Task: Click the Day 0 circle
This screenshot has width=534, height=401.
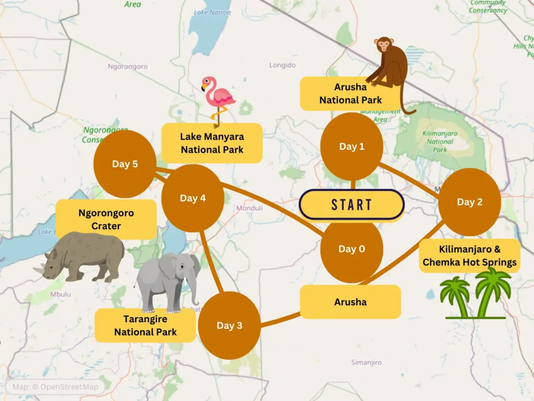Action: pos(351,249)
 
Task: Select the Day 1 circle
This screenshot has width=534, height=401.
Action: pos(351,147)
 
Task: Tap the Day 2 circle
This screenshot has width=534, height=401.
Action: pos(469,202)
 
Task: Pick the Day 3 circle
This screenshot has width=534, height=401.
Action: pos(229,325)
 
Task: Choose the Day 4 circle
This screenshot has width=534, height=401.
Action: pos(192,198)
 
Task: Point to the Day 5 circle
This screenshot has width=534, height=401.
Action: pos(125,164)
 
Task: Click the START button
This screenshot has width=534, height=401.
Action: pos(351,204)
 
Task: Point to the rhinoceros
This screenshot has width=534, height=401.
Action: pos(83,256)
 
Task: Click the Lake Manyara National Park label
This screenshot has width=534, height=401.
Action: pos(212,143)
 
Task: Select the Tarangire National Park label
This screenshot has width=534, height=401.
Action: pos(145,325)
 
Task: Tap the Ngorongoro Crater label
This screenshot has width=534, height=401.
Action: pos(106,219)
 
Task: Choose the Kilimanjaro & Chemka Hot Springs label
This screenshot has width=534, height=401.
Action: pos(469,256)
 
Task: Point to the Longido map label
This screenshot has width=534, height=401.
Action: pos(282,65)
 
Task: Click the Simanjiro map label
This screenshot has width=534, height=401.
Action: pos(366,362)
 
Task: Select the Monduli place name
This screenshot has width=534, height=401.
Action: pos(250,208)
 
